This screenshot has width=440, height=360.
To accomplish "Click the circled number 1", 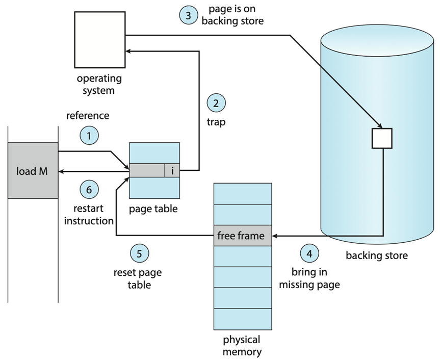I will (x=89, y=136).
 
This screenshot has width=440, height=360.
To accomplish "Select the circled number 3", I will (x=188, y=15).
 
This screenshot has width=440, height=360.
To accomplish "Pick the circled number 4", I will (x=308, y=253).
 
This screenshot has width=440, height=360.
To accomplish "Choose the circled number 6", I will (x=89, y=190).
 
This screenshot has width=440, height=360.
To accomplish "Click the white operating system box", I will (x=99, y=40).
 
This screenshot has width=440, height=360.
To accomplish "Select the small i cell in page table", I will (x=172, y=171).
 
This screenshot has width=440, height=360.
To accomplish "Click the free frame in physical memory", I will (x=242, y=236).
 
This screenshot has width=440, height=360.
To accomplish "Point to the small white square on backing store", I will (x=382, y=138).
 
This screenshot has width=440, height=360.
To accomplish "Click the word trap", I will (x=216, y=122).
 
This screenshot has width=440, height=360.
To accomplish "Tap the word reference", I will (x=88, y=115).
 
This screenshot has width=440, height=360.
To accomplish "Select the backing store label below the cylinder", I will (x=377, y=255).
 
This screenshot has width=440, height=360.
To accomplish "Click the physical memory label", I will (x=242, y=345).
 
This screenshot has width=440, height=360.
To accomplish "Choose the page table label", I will (x=153, y=209).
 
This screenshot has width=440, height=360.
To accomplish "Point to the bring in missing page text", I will (x=309, y=278).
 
